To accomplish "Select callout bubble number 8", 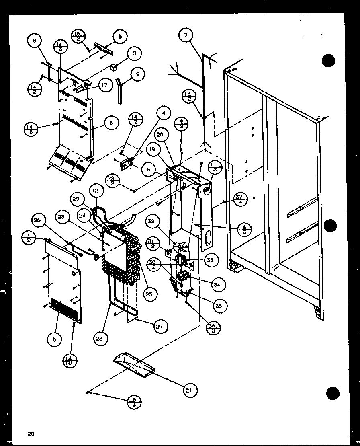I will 35,40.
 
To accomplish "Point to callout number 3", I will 135,54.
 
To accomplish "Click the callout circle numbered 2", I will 137,74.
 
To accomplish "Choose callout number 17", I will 104,86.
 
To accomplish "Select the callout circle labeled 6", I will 111,123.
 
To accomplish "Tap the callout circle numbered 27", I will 159,326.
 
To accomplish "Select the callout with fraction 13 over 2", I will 189,97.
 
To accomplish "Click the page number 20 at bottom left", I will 31,433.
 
